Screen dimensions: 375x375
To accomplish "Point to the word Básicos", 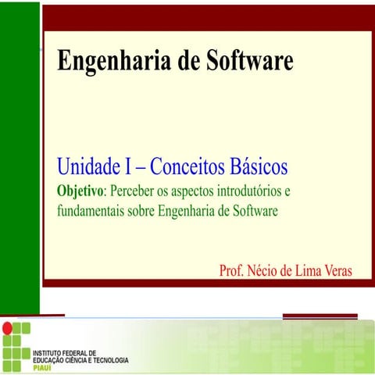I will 259,166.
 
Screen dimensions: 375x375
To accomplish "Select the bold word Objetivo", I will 80,191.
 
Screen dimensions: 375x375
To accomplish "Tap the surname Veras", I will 334,271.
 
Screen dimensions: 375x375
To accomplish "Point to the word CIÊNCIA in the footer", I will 72,360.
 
